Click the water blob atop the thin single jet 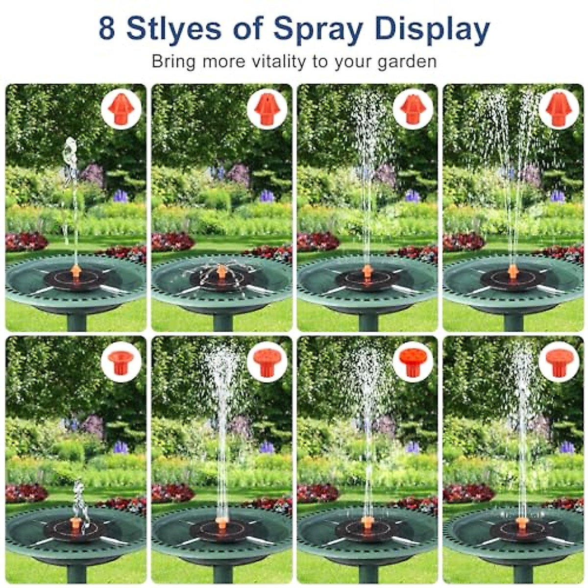(x=71, y=147)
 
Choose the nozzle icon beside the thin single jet (x=121, y=109)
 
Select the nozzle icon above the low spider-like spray (x=267, y=109)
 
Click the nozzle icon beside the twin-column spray (x=559, y=109)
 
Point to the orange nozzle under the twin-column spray (x=513, y=270)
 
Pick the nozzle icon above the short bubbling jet (x=121, y=362)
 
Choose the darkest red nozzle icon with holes (x=413, y=362)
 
